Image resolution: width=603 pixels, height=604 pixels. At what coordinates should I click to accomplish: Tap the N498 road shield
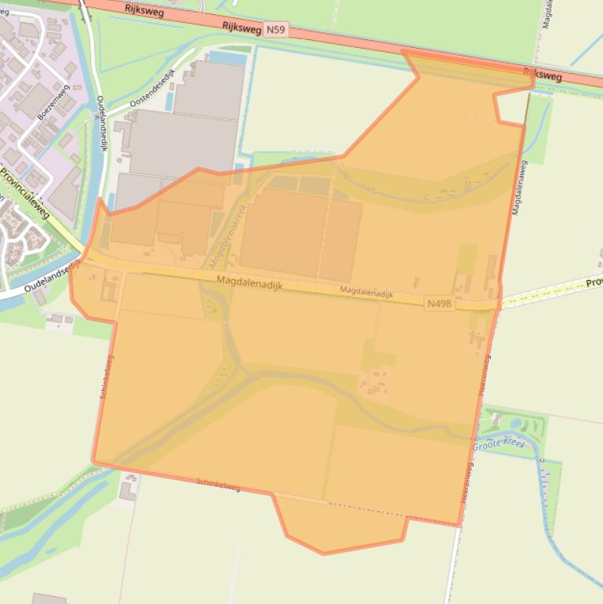tap(440, 303)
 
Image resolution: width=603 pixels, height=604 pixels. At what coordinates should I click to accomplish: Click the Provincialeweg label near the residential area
tap(24, 192)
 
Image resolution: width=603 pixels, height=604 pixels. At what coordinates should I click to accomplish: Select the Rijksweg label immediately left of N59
tap(241, 27)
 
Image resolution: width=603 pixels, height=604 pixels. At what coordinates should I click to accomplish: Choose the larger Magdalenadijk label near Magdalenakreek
tap(249, 282)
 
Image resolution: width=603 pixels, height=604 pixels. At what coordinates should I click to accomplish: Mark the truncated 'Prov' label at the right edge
tap(594, 282)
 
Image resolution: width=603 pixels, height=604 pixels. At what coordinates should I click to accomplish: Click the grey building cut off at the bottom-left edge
tap(49, 599)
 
